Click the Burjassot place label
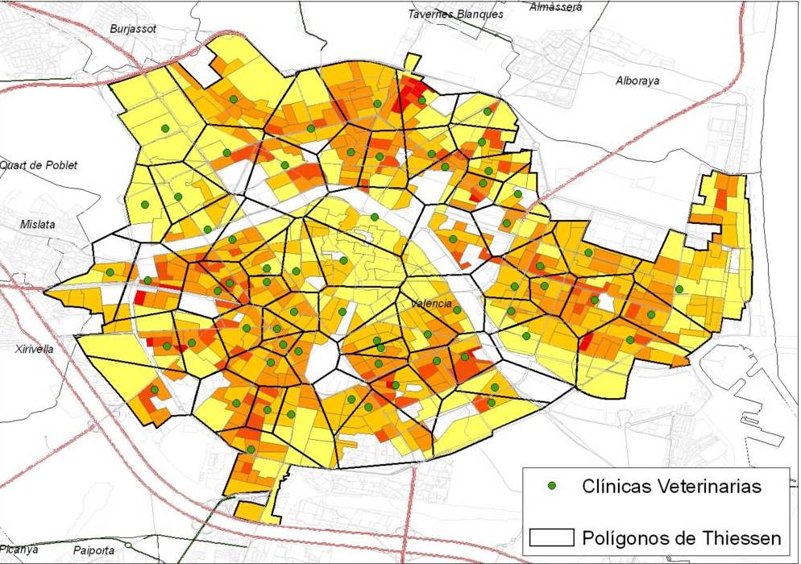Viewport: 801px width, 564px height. (x=133, y=29)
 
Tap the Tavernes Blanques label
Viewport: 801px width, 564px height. (x=455, y=14)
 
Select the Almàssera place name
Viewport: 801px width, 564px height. (x=556, y=7)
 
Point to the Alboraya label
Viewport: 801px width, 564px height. (x=637, y=81)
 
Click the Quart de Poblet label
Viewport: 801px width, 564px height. (x=39, y=165)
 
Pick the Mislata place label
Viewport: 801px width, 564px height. (x=38, y=225)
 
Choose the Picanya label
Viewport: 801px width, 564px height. (x=19, y=549)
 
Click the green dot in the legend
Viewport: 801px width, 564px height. (x=552, y=486)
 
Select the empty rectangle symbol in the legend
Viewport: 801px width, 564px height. (x=552, y=537)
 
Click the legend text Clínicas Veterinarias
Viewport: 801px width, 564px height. (x=671, y=486)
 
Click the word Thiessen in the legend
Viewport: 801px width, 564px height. (x=741, y=537)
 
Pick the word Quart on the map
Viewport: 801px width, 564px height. (x=12, y=165)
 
